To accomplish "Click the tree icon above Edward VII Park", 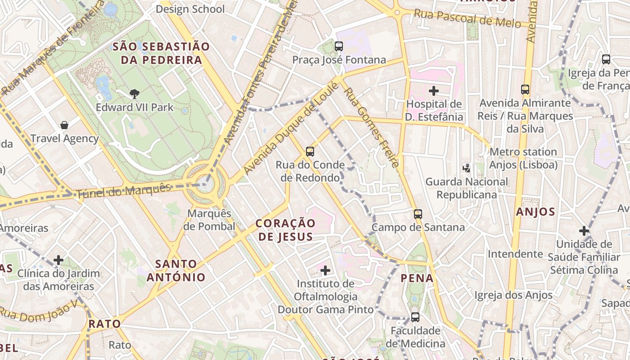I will (134, 94).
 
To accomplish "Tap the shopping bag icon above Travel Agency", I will (64, 125).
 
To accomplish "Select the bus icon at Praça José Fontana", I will (339, 46).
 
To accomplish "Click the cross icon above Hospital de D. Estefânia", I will (434, 91).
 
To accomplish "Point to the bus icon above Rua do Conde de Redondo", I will (310, 151).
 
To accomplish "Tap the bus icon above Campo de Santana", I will (418, 214).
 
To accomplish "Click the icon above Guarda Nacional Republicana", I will (467, 168).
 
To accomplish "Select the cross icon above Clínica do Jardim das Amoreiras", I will (58, 260).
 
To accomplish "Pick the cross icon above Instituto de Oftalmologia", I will (325, 270).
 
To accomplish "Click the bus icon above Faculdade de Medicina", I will (415, 317).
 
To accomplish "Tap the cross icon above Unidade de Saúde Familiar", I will (584, 231).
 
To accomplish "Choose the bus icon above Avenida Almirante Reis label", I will (525, 89).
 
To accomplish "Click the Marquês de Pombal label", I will (209, 220).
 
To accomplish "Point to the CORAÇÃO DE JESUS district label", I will (286, 229).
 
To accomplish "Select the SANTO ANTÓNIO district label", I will (176, 270).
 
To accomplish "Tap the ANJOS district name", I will (535, 211).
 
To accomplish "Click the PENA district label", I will (417, 278).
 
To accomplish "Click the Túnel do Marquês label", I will (124, 191).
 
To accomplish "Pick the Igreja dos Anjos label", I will (513, 295).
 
